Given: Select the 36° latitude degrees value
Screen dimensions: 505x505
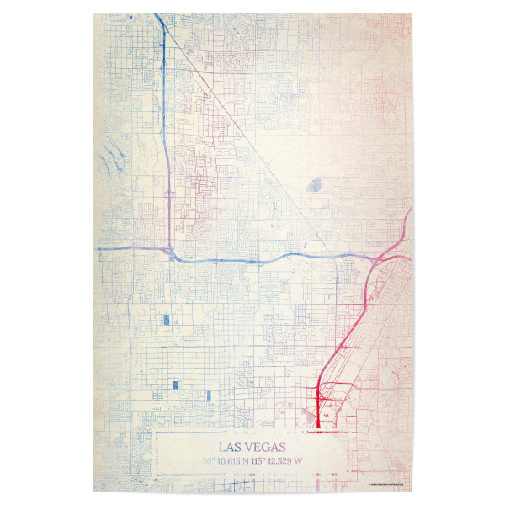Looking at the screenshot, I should tap(208, 461).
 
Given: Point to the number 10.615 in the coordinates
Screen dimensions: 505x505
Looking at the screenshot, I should tap(232, 461).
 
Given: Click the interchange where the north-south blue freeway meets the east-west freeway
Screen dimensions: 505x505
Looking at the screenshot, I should tap(171, 252).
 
